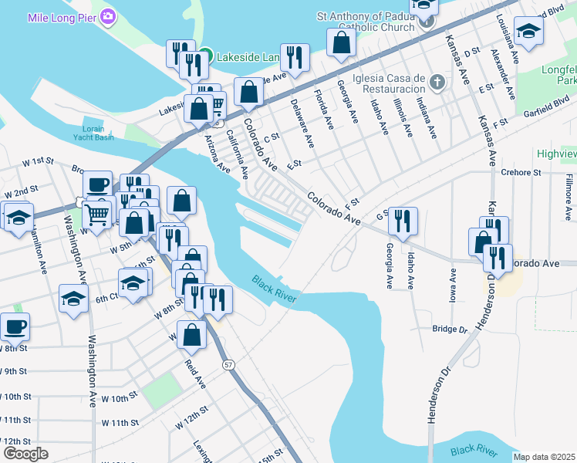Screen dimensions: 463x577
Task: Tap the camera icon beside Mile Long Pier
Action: tap(109, 16)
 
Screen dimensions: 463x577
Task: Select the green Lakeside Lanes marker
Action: tap(204, 56)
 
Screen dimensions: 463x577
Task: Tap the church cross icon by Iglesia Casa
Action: tap(437, 81)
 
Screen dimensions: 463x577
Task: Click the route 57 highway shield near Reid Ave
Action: tap(227, 364)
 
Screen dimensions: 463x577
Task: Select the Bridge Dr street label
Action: tap(450, 330)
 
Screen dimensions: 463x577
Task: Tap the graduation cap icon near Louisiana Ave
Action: tap(528, 31)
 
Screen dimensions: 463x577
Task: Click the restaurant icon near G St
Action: tap(402, 221)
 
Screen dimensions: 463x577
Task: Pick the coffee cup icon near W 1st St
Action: tap(97, 184)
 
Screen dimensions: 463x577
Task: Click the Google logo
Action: tap(26, 453)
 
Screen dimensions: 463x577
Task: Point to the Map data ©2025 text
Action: tap(544, 457)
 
